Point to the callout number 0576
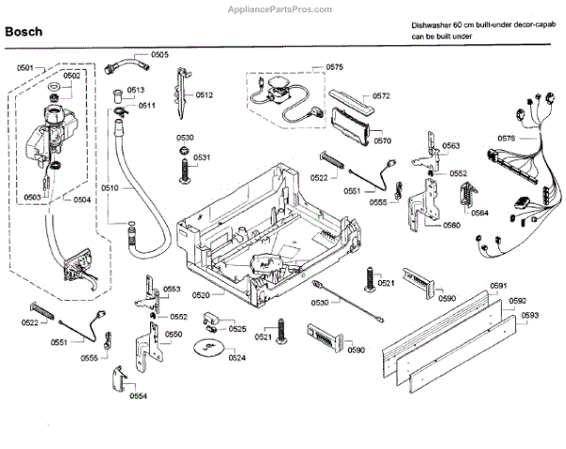click(x=506, y=139)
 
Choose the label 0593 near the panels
click(x=530, y=315)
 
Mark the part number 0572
click(x=381, y=96)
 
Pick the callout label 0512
click(x=204, y=95)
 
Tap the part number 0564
click(x=479, y=213)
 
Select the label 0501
click(x=25, y=68)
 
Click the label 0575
click(x=335, y=67)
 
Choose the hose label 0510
click(x=110, y=189)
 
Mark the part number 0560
click(x=452, y=225)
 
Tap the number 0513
click(x=136, y=90)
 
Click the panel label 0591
click(x=499, y=286)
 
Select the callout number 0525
click(x=237, y=329)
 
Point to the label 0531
click(x=202, y=157)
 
